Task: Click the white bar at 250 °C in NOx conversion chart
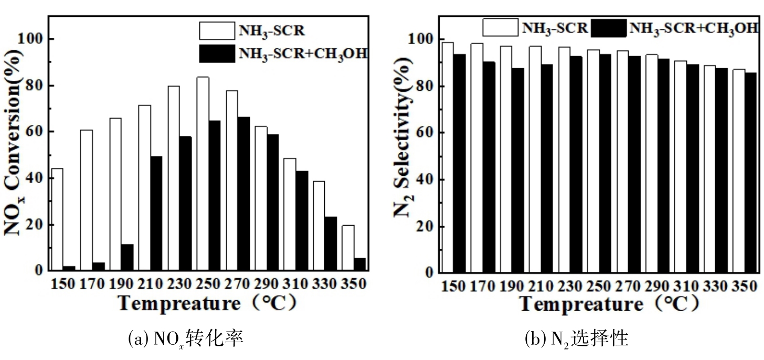click(x=203, y=173)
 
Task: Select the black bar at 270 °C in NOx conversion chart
click(x=243, y=194)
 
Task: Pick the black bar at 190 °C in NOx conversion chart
click(x=127, y=258)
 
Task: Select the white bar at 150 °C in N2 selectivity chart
click(x=448, y=157)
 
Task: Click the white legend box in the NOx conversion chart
click(x=217, y=30)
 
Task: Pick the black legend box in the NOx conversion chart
click(x=217, y=54)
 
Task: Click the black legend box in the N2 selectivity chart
click(x=608, y=28)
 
